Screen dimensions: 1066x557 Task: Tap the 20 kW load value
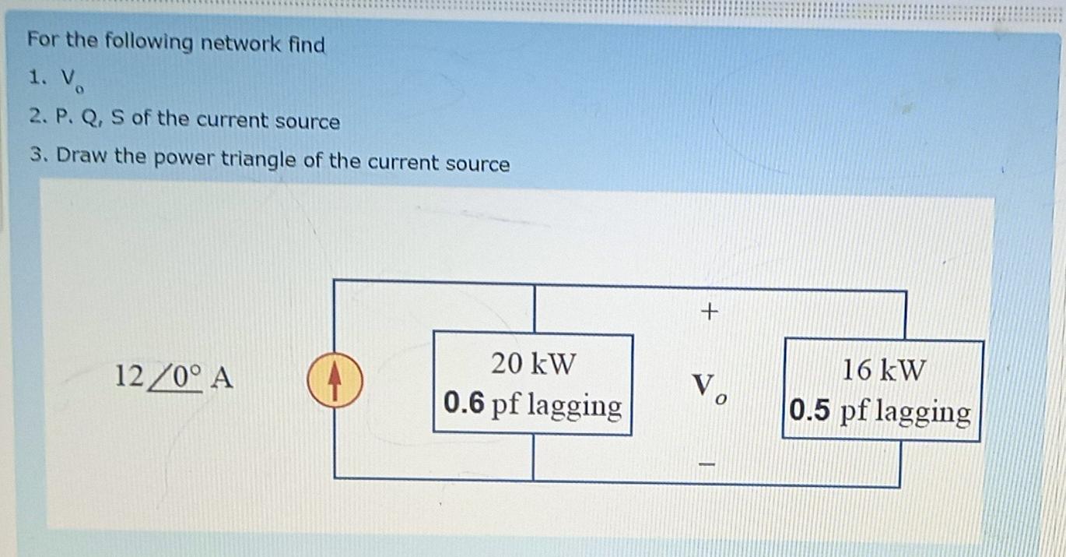click(x=534, y=363)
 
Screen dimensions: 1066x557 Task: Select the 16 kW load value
click(x=885, y=369)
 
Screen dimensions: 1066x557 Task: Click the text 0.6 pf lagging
click(x=533, y=405)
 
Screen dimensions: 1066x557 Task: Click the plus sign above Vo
click(x=708, y=312)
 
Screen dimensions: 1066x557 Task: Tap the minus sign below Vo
click(x=707, y=464)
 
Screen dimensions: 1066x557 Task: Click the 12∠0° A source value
click(x=174, y=378)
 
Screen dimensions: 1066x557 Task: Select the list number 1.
click(x=35, y=78)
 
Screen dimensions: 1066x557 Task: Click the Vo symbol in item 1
click(x=72, y=80)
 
